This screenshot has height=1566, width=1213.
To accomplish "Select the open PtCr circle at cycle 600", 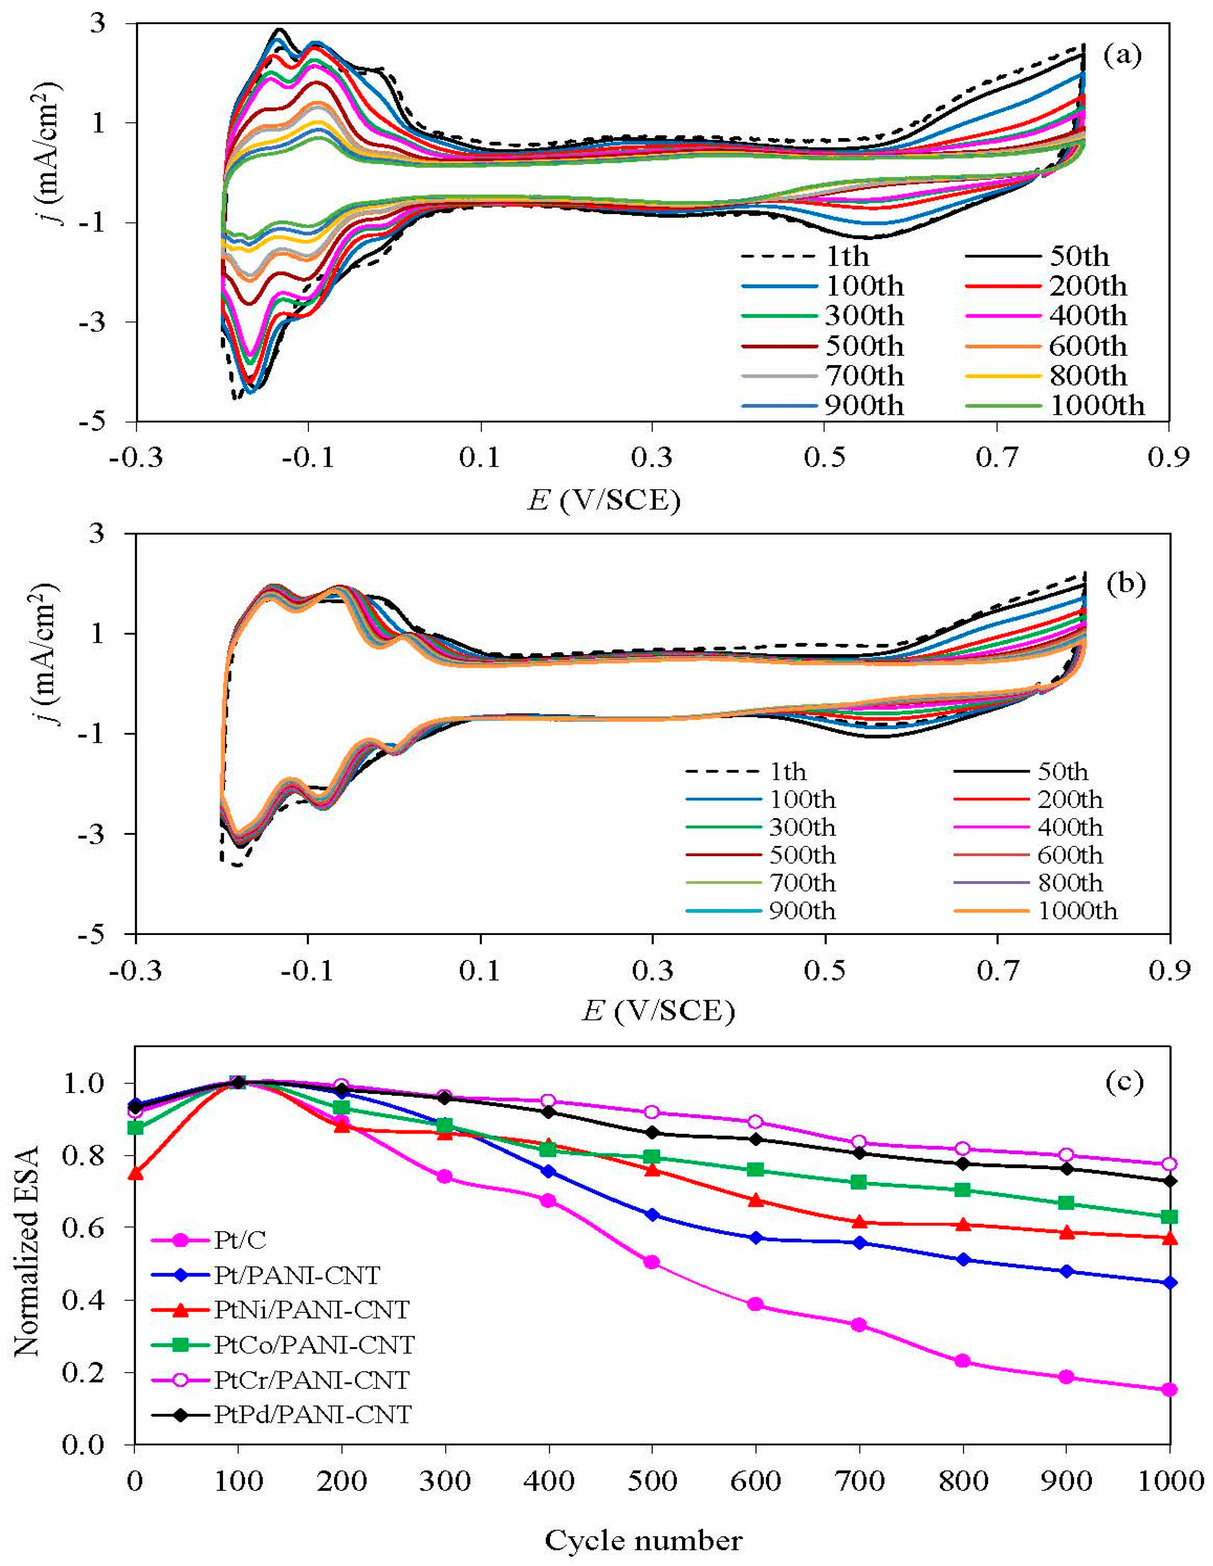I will (755, 1121).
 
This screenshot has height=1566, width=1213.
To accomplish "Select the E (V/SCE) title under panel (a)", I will (604, 500).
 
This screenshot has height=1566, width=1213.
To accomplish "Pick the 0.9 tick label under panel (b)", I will (1169, 971).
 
